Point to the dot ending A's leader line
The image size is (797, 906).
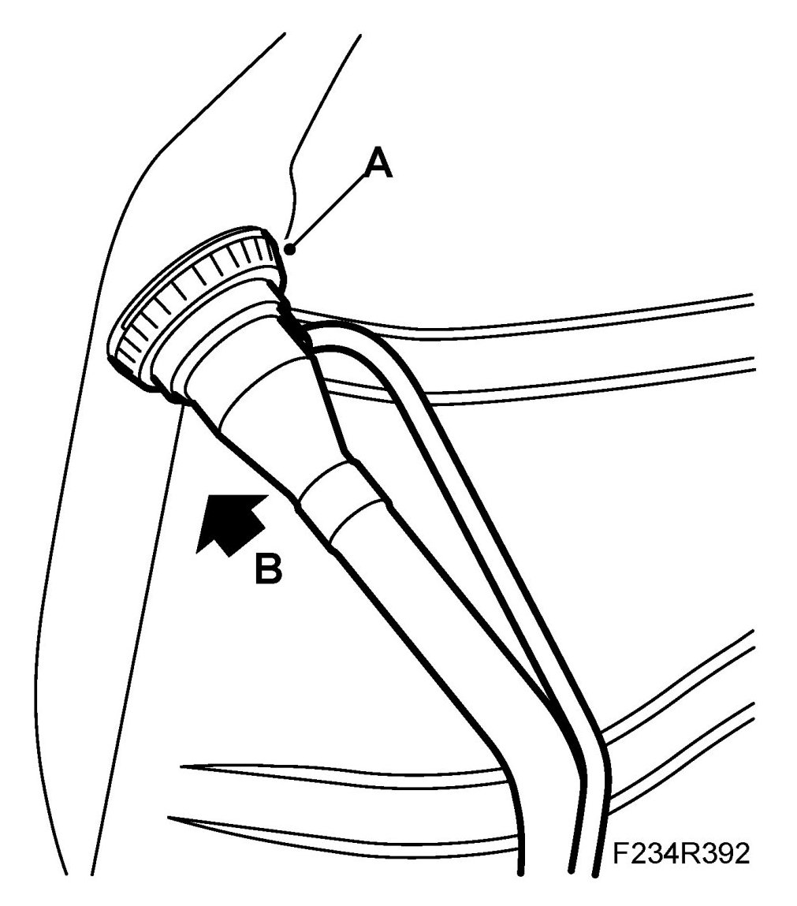click(x=291, y=249)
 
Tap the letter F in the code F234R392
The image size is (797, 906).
click(x=621, y=854)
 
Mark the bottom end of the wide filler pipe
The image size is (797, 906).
click(x=520, y=867)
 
